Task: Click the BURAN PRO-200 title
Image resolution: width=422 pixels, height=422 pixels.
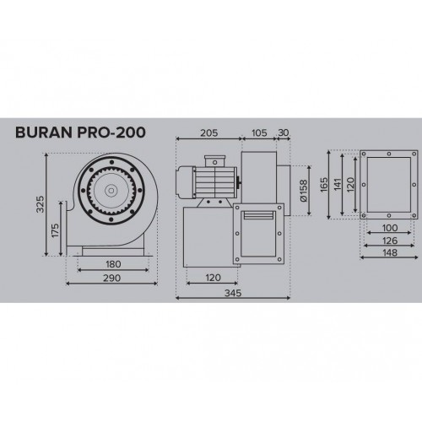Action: pos(80,133)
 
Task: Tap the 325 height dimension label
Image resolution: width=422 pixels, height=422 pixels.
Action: pos(41,204)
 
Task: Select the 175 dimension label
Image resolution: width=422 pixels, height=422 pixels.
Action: pos(56,230)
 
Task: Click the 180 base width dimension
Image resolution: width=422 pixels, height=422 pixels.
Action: pos(113,264)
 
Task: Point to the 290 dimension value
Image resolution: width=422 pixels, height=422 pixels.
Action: pos(111,278)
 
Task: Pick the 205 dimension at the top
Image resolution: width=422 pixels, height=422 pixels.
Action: pos(209,133)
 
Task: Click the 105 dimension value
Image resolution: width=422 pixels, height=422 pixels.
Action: pos(259,133)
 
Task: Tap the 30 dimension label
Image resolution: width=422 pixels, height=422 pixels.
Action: pos(284,133)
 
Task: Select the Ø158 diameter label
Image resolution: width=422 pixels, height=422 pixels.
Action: pos(304,191)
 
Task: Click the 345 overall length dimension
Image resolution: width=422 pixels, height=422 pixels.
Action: pos(233,293)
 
